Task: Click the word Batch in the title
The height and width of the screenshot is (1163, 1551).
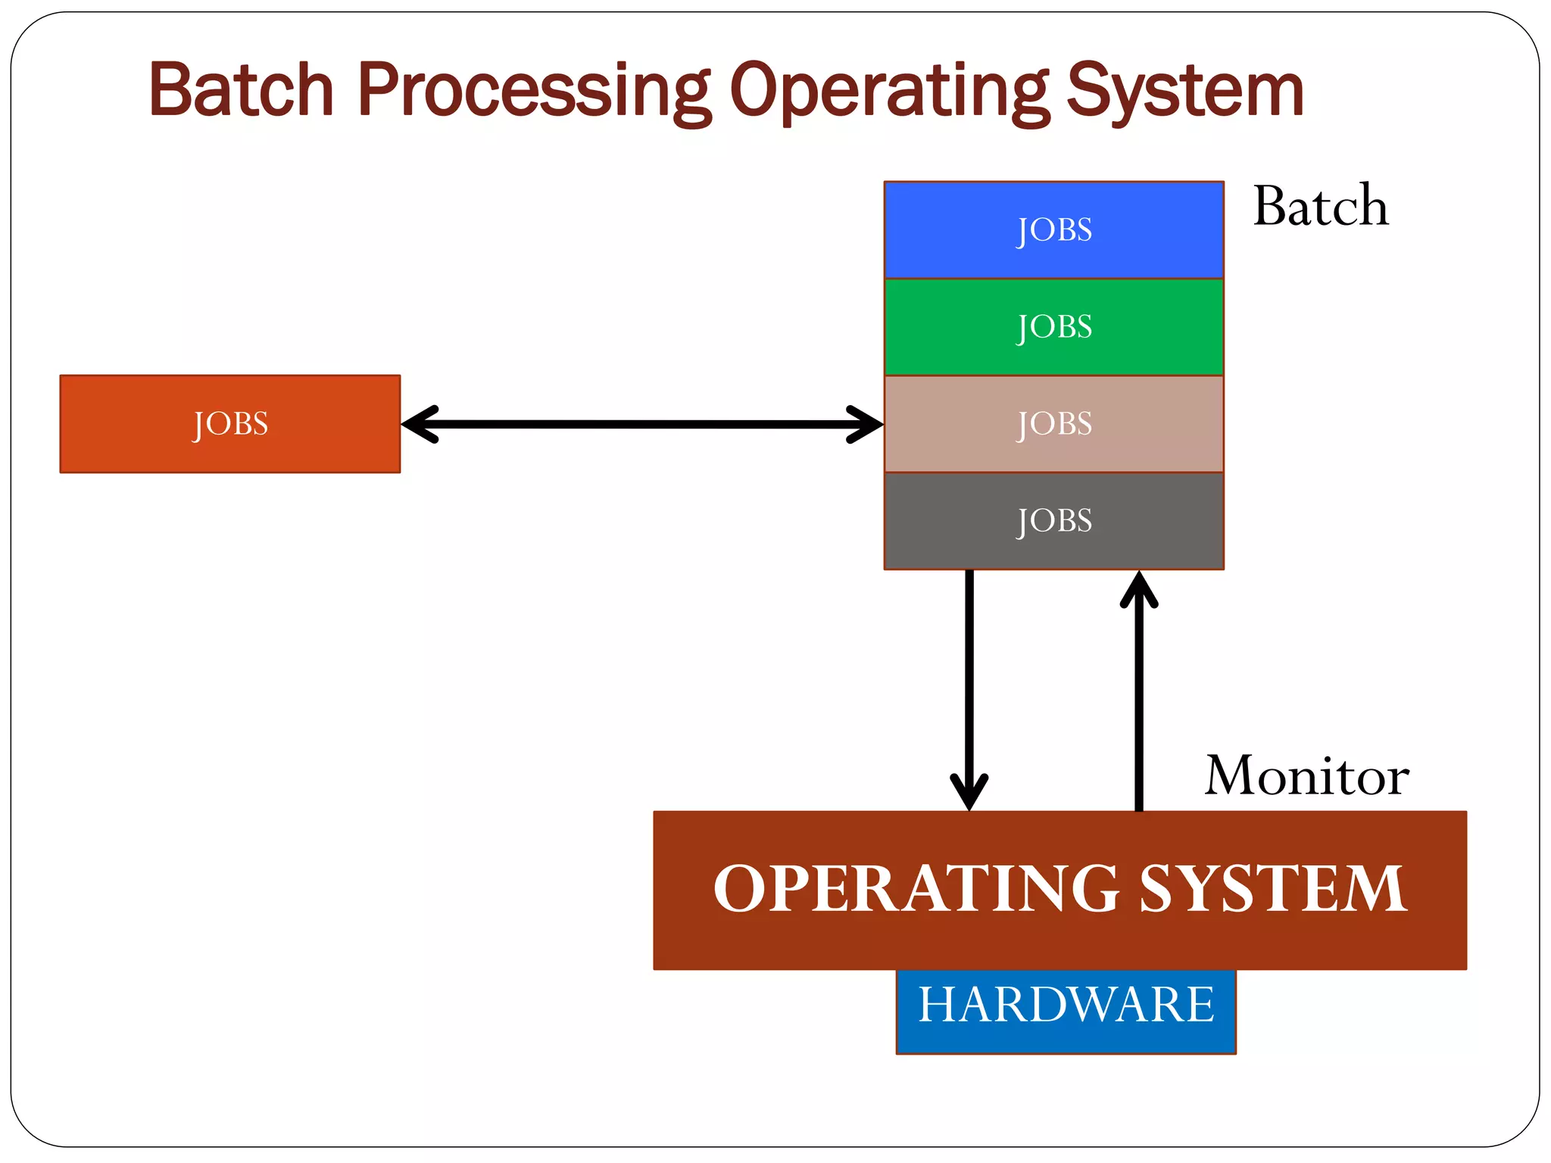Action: tap(241, 90)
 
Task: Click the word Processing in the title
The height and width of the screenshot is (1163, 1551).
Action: tap(534, 90)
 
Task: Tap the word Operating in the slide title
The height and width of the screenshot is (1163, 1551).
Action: tap(888, 90)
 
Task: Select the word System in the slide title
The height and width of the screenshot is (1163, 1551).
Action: tap(1185, 90)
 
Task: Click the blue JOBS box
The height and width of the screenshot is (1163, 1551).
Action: tap(1053, 229)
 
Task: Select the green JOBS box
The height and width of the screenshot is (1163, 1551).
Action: tap(1053, 327)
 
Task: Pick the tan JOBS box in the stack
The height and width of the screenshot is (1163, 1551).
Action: tap(1053, 424)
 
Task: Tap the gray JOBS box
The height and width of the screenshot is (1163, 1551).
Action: tap(1053, 521)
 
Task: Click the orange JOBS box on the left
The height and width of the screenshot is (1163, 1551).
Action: tap(230, 424)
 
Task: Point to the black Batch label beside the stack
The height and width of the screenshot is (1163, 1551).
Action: tap(1321, 206)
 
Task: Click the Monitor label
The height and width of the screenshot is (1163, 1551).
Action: tap(1306, 776)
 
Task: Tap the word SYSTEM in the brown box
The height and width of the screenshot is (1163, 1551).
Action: tap(1272, 889)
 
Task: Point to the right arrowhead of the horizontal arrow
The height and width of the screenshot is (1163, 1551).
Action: tap(867, 424)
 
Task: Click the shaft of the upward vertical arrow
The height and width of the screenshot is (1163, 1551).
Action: tap(1139, 704)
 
